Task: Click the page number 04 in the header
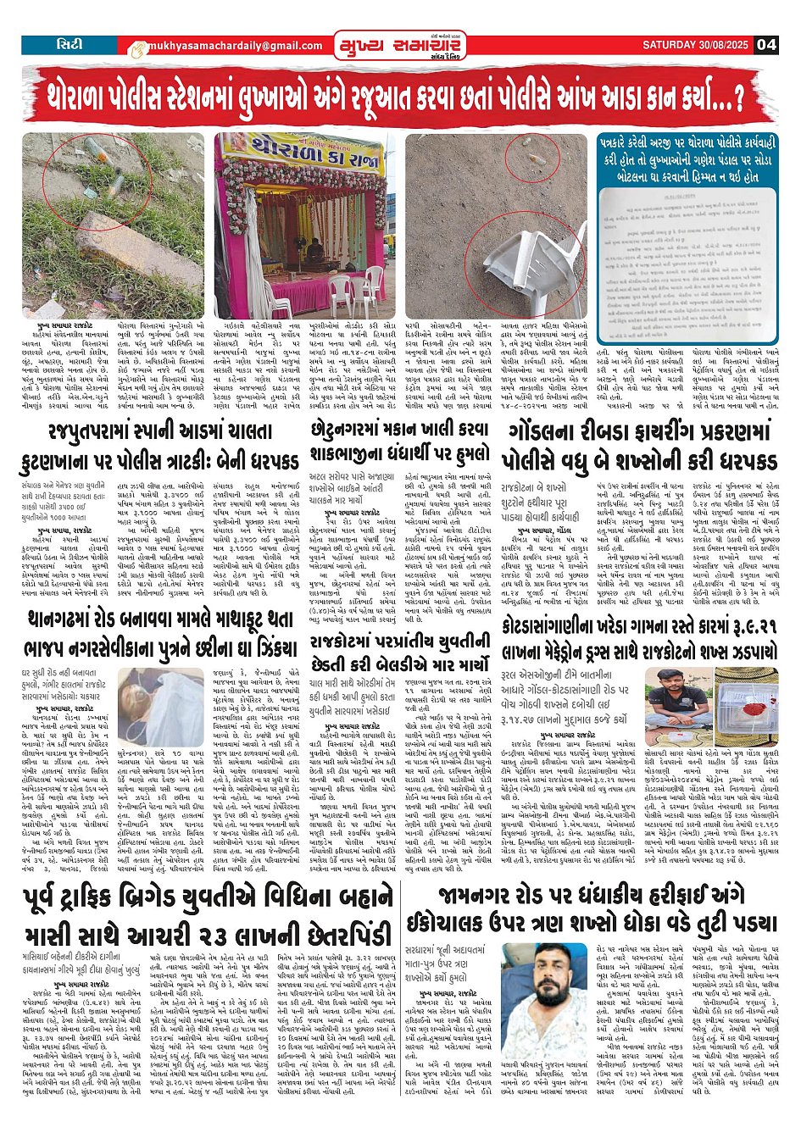[766, 45]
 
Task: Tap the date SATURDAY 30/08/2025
[697, 45]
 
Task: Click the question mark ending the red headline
[737, 96]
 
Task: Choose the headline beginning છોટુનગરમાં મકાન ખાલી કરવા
[399, 443]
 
